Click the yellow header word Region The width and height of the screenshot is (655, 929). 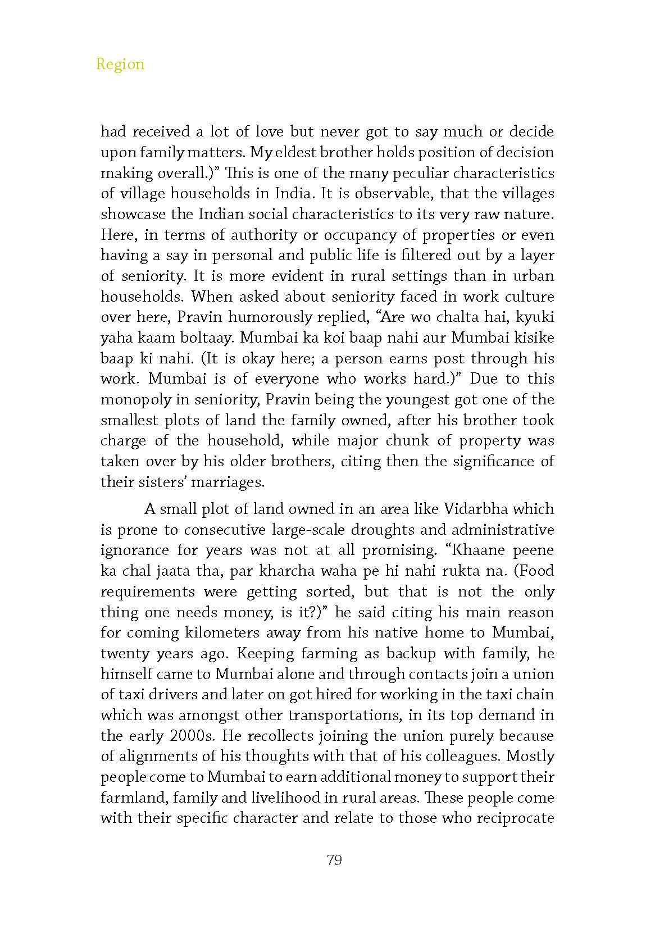tap(120, 64)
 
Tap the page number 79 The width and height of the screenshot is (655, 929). tap(334, 860)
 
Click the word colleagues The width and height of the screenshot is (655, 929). tap(457, 757)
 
